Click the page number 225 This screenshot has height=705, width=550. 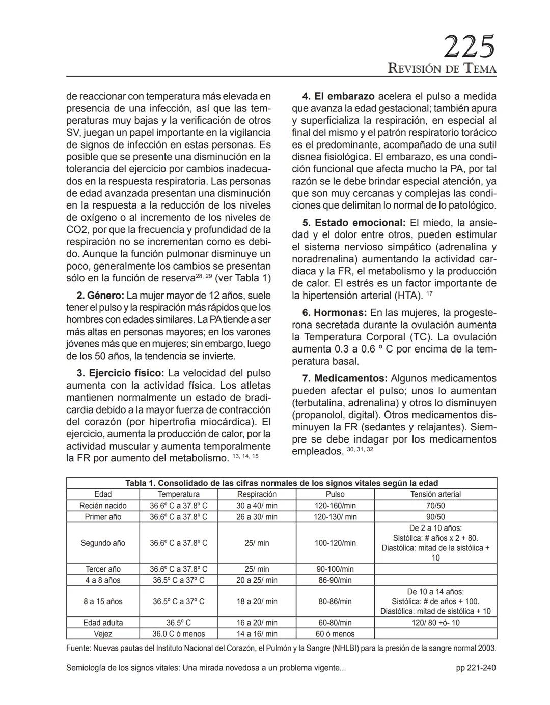click(469, 47)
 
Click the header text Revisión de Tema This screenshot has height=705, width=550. click(442, 69)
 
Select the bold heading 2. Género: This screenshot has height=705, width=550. click(100, 296)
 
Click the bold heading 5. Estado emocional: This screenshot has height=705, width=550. click(354, 223)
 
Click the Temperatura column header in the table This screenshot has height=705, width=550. click(178, 494)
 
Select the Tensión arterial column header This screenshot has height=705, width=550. click(435, 494)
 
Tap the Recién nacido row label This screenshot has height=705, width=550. click(103, 506)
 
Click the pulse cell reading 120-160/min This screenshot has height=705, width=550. click(335, 506)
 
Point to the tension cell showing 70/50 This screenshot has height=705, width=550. click(435, 506)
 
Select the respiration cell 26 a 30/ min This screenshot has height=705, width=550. click(257, 517)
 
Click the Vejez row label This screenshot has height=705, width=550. click(103, 634)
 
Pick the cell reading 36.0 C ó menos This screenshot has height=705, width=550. click(178, 634)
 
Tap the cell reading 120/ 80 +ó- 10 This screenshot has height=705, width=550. click(435, 623)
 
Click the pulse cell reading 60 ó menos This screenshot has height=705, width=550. click(335, 634)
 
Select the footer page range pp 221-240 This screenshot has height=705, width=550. click(476, 668)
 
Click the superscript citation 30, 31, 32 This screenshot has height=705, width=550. click(360, 450)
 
